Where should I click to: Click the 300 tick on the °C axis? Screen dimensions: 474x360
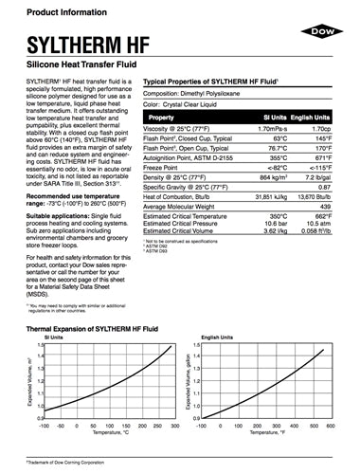click(x=175, y=425)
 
